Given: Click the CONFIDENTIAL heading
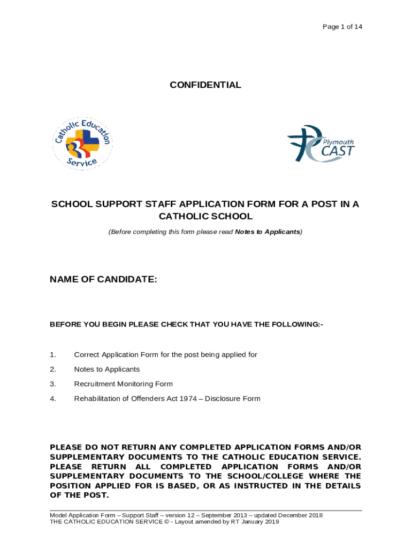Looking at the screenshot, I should (205, 85).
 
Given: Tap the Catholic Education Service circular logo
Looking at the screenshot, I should (82, 142).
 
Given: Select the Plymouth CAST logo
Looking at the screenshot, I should (321, 143).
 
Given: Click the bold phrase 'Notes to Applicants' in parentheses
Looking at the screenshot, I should (267, 232).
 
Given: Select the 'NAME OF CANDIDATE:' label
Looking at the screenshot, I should (103, 279).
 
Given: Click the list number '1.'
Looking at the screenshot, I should (52, 355).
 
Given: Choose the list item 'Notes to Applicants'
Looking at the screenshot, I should (106, 369).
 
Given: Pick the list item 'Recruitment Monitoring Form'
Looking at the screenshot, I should (123, 384).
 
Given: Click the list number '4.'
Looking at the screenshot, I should (52, 399).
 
